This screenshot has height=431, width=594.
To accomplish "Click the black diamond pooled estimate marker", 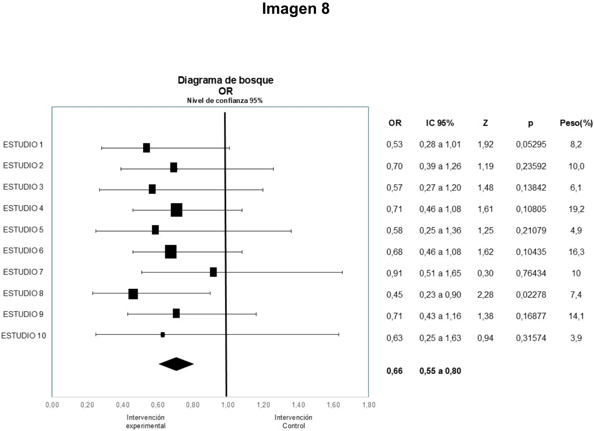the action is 176,364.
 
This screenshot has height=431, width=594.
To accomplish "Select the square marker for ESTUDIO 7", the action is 213,272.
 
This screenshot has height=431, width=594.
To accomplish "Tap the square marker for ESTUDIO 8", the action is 133,294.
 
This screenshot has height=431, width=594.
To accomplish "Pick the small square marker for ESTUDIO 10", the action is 162,335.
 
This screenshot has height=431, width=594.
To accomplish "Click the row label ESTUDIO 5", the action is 23,229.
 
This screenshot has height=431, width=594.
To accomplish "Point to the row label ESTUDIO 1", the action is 23,145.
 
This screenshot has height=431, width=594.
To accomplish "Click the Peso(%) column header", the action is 576,123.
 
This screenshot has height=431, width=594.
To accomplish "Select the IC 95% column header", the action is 440,123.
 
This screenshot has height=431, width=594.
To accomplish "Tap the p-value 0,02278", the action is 531,295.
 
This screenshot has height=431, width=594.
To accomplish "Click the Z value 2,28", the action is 485,295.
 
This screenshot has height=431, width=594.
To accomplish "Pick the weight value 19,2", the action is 576,209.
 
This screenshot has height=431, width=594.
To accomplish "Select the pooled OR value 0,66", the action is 394,371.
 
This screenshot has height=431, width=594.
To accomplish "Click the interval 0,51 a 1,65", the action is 440,273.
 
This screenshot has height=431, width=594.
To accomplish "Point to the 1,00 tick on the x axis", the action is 228,405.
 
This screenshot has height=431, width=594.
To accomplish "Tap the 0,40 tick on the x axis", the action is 123,405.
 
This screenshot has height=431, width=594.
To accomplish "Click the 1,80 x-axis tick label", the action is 369,405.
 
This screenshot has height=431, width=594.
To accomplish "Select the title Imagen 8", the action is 296,9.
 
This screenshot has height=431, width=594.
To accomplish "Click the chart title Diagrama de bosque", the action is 225,80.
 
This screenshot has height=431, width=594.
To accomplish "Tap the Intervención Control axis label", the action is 293,421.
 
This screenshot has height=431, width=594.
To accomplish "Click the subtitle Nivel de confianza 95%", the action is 225,101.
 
